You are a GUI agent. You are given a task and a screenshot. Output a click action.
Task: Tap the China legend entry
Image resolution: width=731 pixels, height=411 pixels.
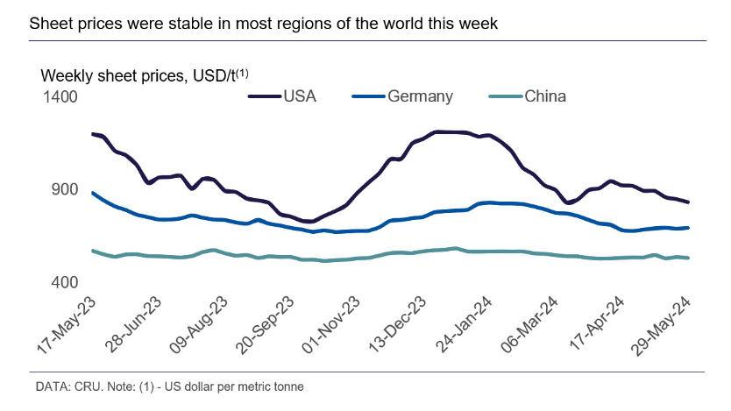click(x=544, y=96)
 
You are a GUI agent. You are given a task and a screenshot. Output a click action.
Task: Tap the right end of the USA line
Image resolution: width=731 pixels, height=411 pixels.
click(x=688, y=202)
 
